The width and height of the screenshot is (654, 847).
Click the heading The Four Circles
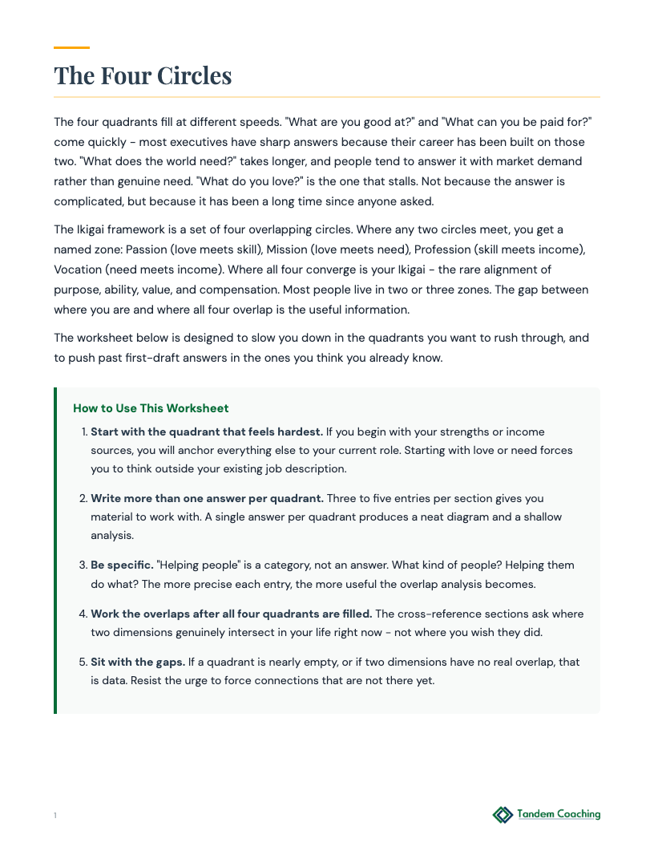(x=143, y=75)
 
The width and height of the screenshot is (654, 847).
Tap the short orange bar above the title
(x=71, y=47)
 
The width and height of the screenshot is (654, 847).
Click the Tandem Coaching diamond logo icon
(x=503, y=815)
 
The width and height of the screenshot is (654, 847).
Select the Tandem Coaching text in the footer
(x=559, y=814)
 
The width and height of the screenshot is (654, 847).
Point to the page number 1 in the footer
(x=55, y=816)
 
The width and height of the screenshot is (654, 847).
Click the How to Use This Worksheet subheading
(x=151, y=408)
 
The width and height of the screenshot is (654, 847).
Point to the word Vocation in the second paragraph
(x=77, y=269)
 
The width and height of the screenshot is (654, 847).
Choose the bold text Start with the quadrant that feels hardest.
(x=207, y=432)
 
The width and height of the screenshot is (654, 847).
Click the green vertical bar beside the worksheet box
(x=55, y=550)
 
